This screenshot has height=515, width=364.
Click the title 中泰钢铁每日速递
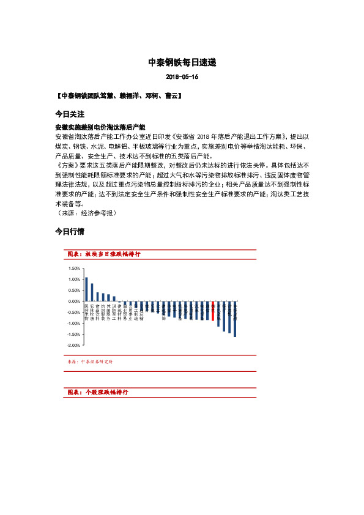(x=182, y=62)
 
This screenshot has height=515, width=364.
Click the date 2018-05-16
(x=182, y=78)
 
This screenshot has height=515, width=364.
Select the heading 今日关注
(x=69, y=114)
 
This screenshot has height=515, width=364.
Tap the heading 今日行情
(x=69, y=232)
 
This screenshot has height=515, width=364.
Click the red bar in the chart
(x=212, y=311)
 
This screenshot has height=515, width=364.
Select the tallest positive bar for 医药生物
(x=86, y=289)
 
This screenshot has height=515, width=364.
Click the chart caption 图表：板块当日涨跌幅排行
(x=103, y=254)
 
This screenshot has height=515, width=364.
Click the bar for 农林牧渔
(x=92, y=292)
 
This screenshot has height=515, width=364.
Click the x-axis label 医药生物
(x=86, y=312)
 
